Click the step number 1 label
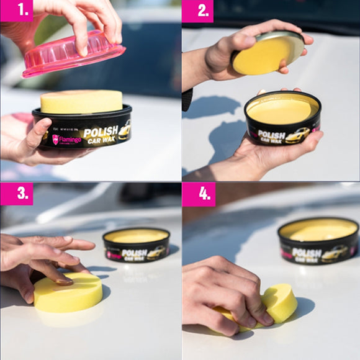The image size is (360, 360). [x=16, y=11]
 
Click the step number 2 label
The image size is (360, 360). [x=197, y=11]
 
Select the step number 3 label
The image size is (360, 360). [x=16, y=194]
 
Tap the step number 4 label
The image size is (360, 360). [x=198, y=194]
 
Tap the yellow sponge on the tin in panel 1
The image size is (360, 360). [x=81, y=101]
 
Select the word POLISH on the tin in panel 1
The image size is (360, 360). [x=100, y=132]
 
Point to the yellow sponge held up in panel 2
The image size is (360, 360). [x=268, y=55]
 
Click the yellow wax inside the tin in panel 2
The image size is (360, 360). [x=282, y=109]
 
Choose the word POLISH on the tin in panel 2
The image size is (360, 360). [x=271, y=133]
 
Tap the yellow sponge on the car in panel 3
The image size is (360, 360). [x=68, y=292]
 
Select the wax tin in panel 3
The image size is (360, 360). [x=136, y=245]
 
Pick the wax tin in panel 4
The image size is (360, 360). [x=318, y=241]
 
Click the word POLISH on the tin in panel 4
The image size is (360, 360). [x=307, y=253]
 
